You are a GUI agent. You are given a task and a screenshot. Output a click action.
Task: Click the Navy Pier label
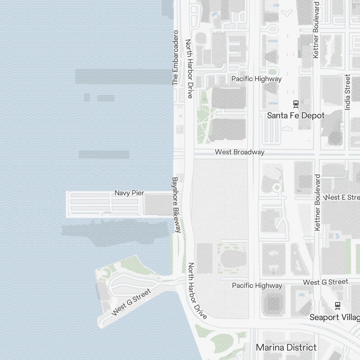[x=129, y=193]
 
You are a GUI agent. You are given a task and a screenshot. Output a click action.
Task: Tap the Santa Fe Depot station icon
[x=296, y=104]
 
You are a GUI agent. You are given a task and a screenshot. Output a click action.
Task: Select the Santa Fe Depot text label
[x=296, y=116]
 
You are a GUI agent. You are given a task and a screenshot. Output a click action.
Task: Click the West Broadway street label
[x=239, y=152]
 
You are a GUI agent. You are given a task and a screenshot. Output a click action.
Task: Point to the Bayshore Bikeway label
[x=176, y=204]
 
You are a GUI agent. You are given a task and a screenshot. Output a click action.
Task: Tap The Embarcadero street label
[x=175, y=58]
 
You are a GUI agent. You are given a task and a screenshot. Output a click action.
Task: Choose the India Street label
[x=347, y=92]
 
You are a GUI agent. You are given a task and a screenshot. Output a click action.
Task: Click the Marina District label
[x=286, y=347]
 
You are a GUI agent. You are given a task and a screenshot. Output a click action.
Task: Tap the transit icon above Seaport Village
[x=338, y=306]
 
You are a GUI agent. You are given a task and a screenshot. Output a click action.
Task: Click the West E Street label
[x=342, y=197]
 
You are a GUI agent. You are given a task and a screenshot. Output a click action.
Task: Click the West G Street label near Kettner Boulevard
[x=325, y=282]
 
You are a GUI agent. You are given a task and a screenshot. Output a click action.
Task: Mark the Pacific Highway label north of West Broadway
[x=256, y=79]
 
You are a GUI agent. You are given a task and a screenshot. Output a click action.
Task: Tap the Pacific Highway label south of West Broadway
[x=257, y=286]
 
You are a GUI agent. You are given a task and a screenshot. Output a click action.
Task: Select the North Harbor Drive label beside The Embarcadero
[x=189, y=68]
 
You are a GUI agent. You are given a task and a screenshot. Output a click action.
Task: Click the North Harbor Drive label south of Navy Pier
[x=197, y=291]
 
